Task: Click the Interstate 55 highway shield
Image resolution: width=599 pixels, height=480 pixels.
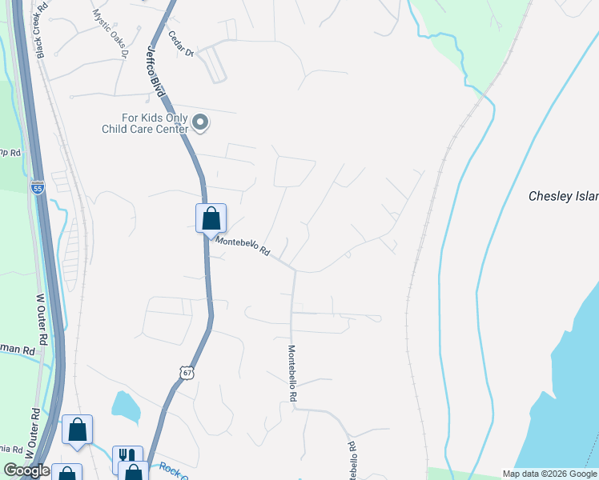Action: [38, 187]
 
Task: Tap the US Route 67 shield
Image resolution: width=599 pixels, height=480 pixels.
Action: [186, 373]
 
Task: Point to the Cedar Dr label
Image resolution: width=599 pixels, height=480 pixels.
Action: [182, 44]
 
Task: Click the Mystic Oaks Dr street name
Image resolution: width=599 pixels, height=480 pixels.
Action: [110, 33]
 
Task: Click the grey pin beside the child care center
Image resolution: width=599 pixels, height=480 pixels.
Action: [200, 122]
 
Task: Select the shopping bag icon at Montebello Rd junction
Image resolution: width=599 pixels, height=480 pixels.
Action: [211, 218]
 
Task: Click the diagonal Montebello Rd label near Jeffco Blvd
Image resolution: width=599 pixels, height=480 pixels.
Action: [243, 247]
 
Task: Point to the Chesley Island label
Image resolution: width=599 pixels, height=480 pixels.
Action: [563, 196]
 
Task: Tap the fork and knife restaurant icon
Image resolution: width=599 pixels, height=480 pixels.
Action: [127, 457]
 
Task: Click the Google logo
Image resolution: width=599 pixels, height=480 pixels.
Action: [26, 470]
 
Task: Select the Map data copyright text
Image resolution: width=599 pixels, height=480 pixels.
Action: [549, 474]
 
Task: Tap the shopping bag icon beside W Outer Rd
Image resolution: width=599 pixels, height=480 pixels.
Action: [77, 430]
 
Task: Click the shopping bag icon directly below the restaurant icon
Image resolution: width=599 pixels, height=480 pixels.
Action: [133, 473]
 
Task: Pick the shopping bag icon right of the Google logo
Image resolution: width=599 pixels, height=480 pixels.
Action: [67, 474]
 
